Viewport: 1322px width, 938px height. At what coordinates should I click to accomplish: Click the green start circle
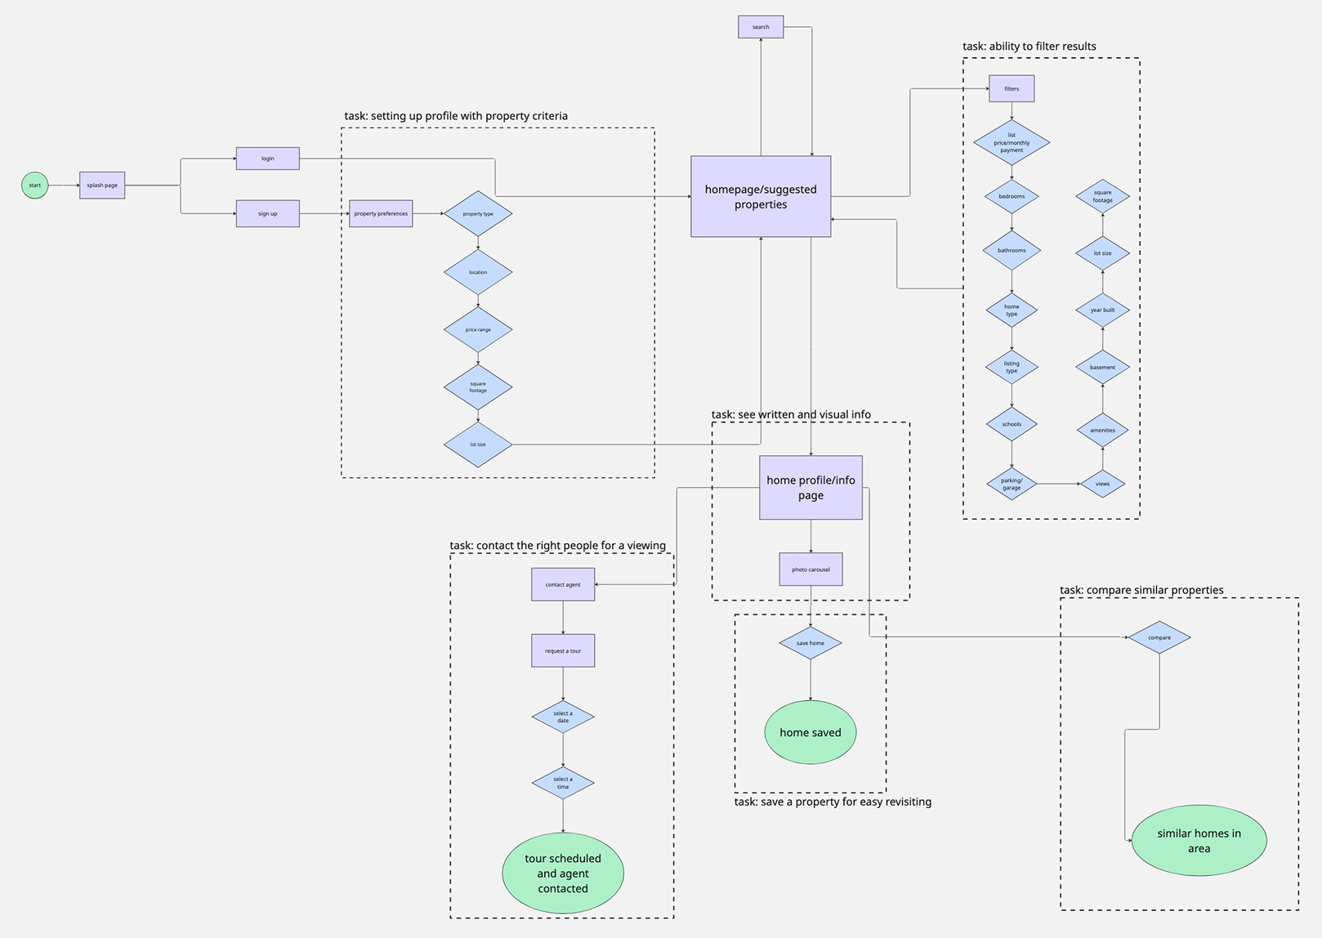tap(34, 185)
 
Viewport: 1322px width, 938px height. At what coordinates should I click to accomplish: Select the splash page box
tap(102, 185)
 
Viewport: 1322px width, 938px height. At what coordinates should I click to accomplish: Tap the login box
tap(267, 159)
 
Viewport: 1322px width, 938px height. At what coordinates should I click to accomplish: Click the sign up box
tap(267, 213)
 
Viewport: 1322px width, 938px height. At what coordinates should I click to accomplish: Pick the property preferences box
tap(381, 213)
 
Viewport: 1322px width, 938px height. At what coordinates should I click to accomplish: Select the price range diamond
tap(478, 330)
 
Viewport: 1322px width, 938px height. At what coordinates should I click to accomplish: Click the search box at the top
tap(761, 27)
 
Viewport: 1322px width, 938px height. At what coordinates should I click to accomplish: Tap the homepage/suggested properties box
tap(761, 197)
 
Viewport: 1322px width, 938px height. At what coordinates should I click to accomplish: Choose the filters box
tap(1012, 89)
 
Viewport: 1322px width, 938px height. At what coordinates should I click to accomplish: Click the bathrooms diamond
tap(1012, 251)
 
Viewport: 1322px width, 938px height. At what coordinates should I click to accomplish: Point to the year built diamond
tap(1102, 310)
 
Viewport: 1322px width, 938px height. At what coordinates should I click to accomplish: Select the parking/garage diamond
tap(1012, 484)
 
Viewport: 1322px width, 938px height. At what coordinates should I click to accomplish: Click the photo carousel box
tap(811, 569)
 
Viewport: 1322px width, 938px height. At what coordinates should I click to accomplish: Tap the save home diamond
tap(811, 643)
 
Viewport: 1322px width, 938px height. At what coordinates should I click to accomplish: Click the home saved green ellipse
tap(811, 733)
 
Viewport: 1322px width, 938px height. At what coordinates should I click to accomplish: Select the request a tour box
tap(563, 651)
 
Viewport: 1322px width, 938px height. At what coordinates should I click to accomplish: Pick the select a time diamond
tap(563, 783)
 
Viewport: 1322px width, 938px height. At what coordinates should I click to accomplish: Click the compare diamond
tap(1159, 637)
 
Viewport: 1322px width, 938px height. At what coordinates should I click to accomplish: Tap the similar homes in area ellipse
tap(1199, 841)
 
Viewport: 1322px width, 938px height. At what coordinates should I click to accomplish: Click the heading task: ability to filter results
tap(1029, 47)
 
